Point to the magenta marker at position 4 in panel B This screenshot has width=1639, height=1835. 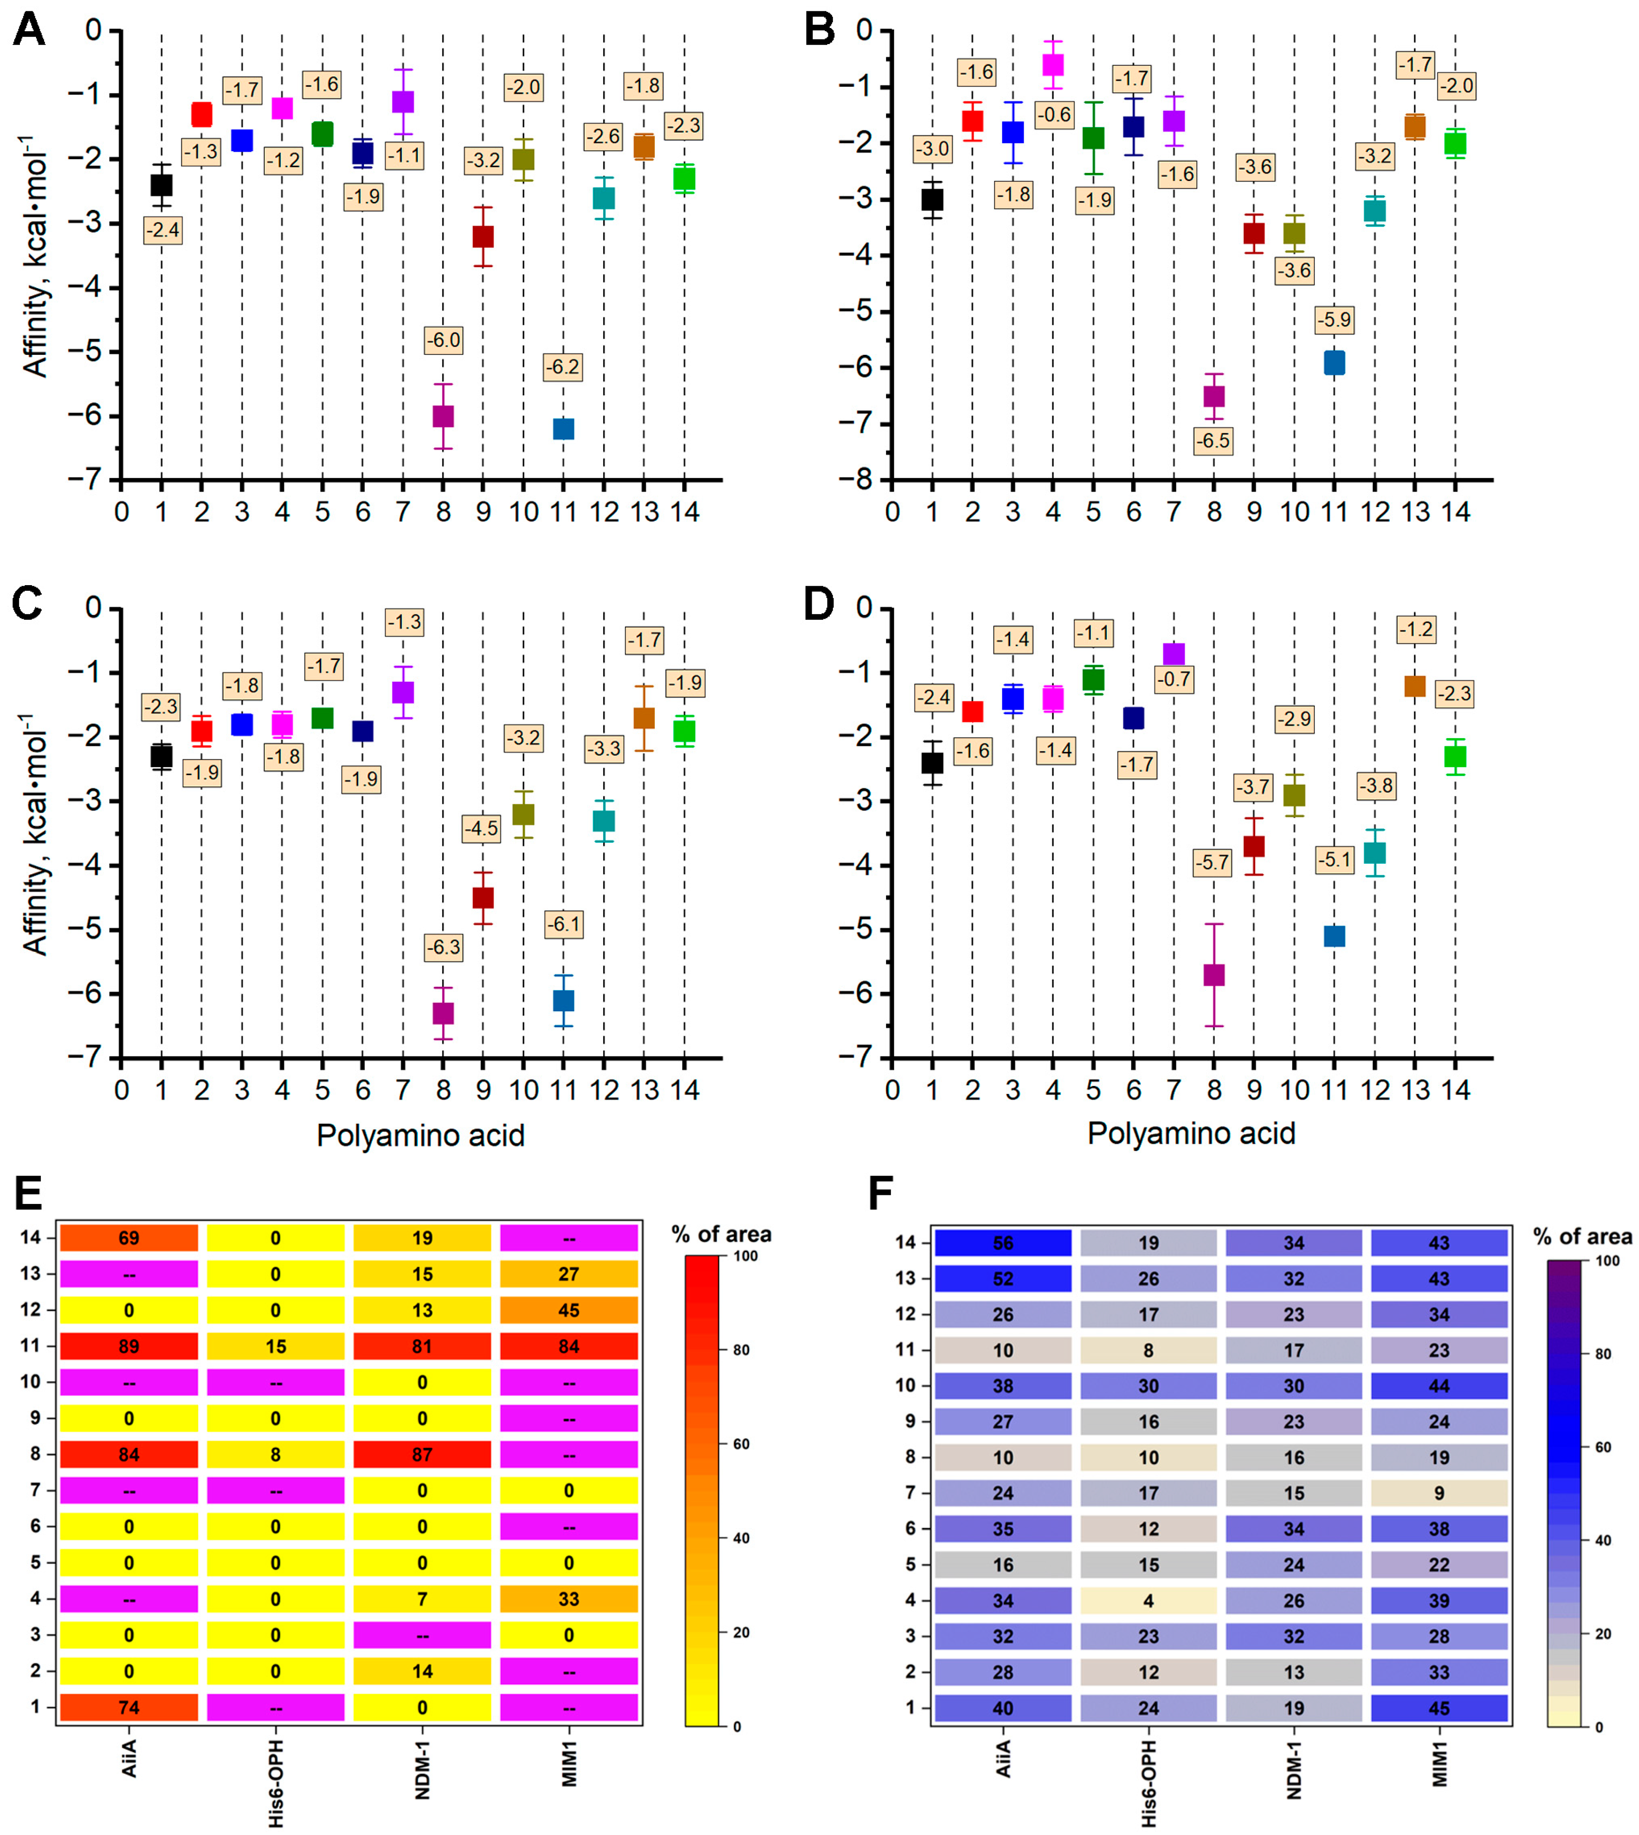1053,65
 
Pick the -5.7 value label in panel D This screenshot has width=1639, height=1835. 1212,863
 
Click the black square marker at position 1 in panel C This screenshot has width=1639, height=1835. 161,756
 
